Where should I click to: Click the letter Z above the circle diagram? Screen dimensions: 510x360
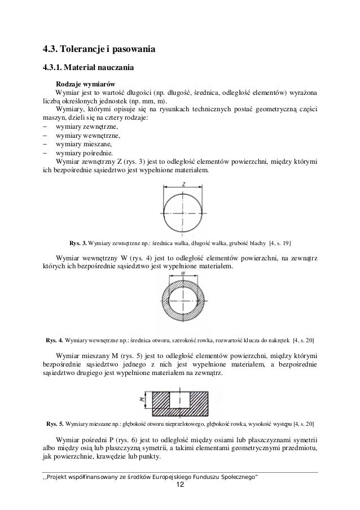click(x=184, y=184)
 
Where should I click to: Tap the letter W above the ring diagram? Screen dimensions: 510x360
click(x=184, y=274)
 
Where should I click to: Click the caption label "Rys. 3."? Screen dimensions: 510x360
click(x=77, y=243)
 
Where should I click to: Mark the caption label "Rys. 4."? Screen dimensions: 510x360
click(x=55, y=341)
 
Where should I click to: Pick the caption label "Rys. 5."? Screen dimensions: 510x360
click(x=55, y=423)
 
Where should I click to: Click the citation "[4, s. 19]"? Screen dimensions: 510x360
click(x=280, y=243)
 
